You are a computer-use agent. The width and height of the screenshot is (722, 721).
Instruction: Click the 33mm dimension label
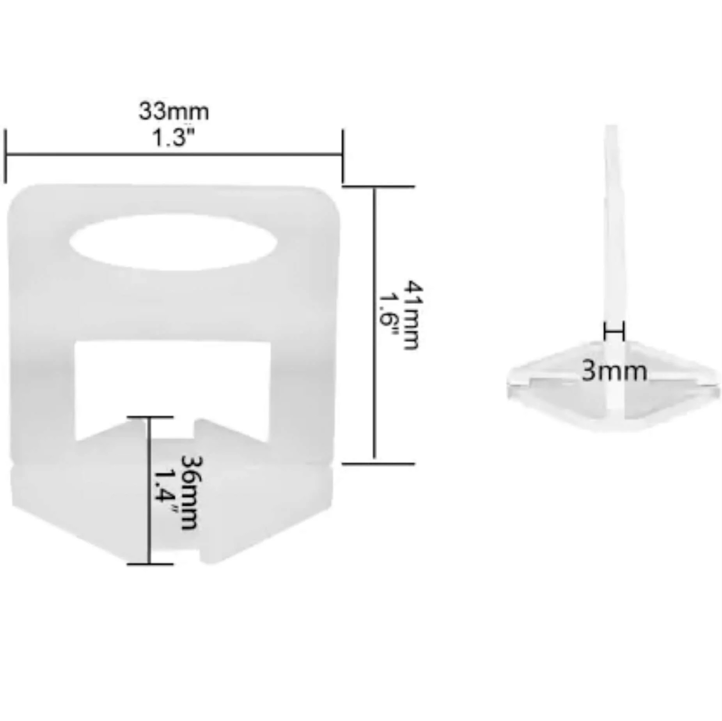pyautogui.click(x=174, y=111)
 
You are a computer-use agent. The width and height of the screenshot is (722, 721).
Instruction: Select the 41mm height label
pyautogui.click(x=413, y=315)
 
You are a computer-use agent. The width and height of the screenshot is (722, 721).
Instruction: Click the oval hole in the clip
pyautogui.click(x=174, y=242)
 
